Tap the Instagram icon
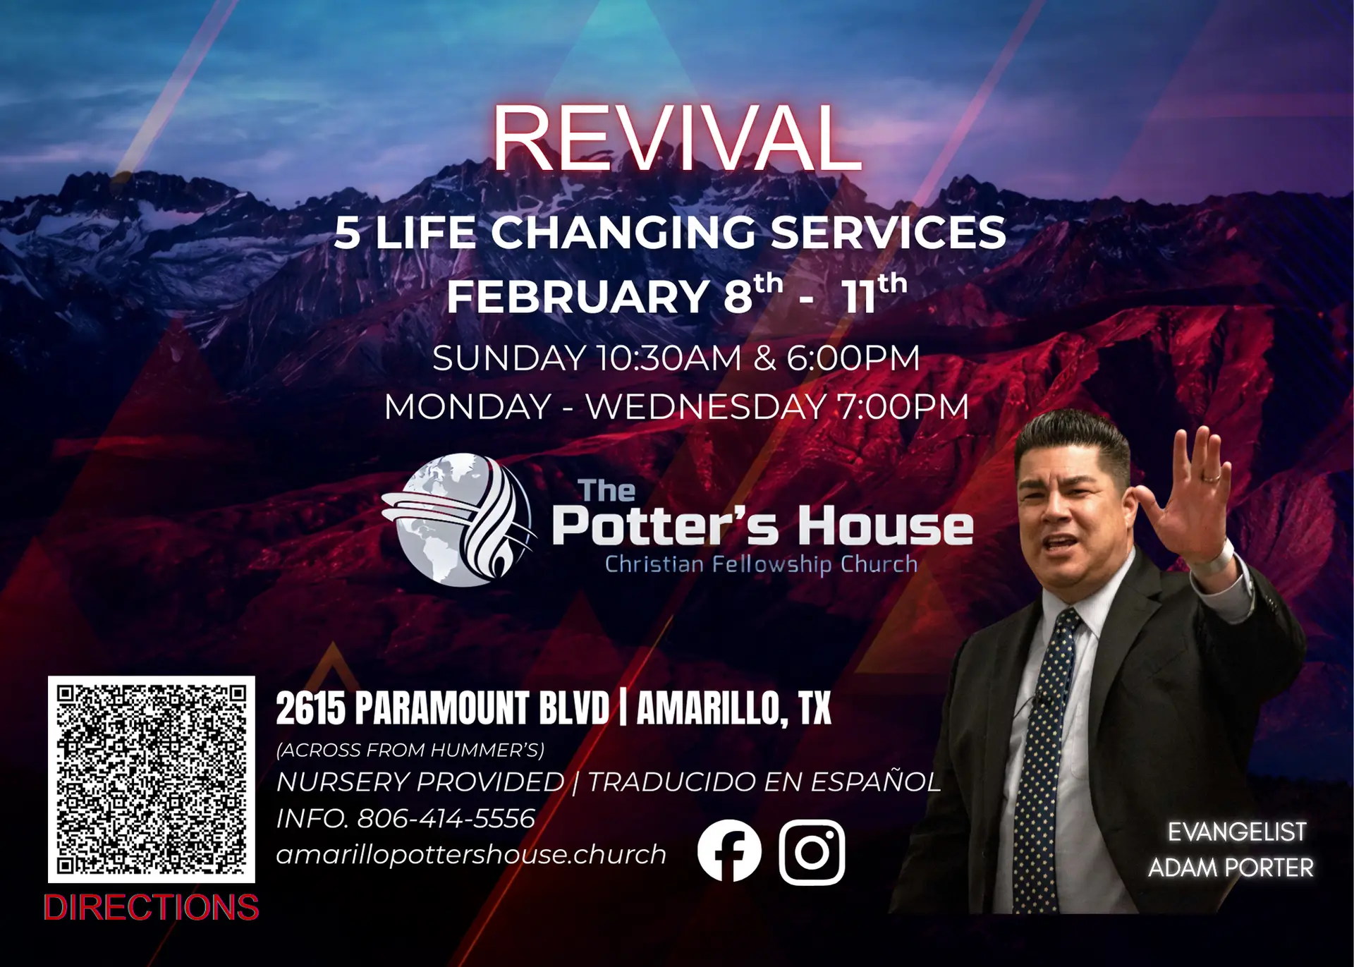812,851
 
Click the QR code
151,779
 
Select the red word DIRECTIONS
151,907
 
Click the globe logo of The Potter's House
457,520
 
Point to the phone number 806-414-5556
446,818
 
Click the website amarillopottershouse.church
471,854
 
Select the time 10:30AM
669,358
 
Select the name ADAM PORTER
1231,868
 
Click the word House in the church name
886,526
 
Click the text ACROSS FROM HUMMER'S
410,750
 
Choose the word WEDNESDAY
706,407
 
